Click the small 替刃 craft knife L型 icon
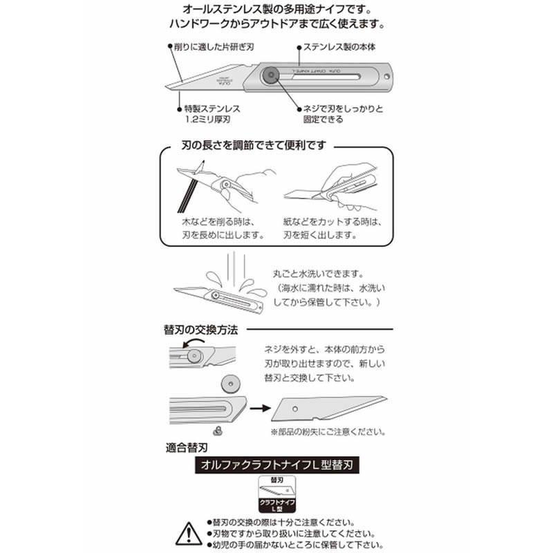click(x=276, y=492)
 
